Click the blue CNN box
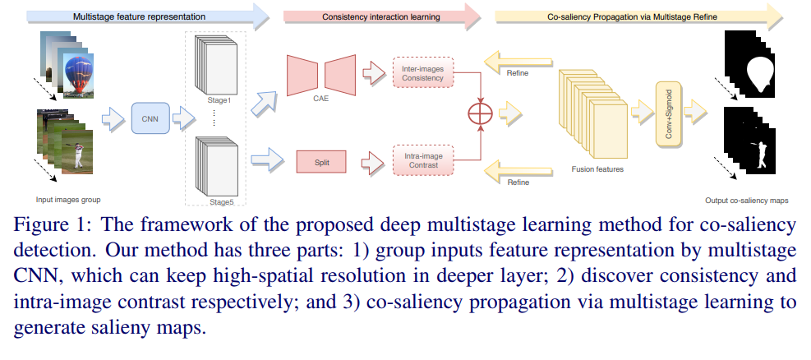150,118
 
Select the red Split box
321,162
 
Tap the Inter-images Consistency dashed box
422,73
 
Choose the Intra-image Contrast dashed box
422,159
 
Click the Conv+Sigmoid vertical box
669,114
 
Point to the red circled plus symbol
481,114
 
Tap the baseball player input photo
77,152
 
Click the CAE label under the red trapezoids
321,99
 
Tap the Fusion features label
597,169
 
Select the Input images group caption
68,199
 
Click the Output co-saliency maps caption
746,201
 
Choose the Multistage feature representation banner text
139,16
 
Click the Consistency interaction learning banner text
381,16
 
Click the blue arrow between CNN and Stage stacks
183,118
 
